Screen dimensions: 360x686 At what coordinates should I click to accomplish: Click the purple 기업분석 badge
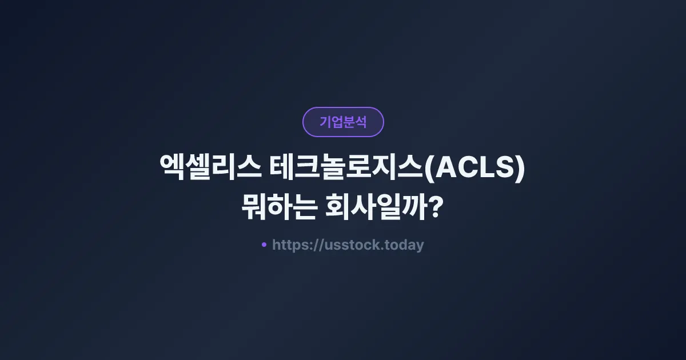[x=343, y=122]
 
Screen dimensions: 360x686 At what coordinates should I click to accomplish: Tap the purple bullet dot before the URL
[x=264, y=245]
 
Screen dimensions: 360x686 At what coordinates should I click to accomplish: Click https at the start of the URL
[x=289, y=245]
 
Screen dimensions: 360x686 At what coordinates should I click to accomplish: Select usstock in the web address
[x=350, y=245]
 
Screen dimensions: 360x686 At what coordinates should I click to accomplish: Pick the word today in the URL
[x=405, y=245]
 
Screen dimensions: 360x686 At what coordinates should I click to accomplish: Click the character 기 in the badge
[x=325, y=122]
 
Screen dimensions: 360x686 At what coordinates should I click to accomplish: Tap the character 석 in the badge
[x=361, y=122]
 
